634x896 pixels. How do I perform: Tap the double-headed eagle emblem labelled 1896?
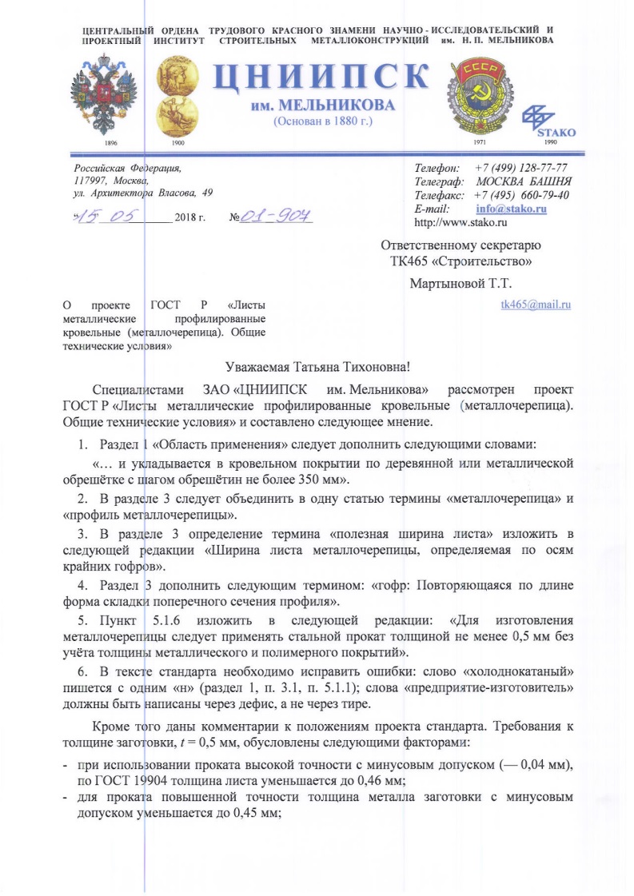(105, 93)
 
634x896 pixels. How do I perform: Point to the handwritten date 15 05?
(111, 217)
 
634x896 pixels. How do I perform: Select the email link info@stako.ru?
(516, 209)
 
